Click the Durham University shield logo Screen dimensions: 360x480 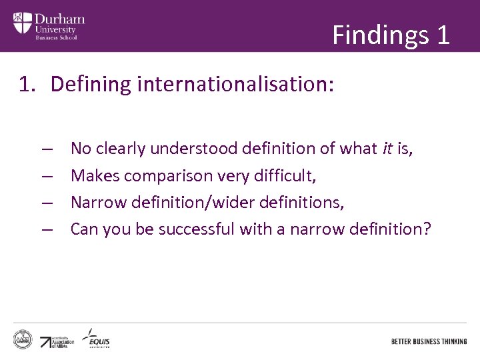[x=22, y=24]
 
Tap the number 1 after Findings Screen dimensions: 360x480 [x=443, y=34]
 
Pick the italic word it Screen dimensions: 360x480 [x=387, y=148]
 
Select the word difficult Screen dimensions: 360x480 [x=283, y=175]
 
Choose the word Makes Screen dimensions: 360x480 [x=93, y=175]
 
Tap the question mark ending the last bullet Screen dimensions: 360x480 [x=427, y=229]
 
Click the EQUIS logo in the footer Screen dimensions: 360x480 [x=97, y=338]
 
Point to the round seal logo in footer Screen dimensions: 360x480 [x=23, y=339]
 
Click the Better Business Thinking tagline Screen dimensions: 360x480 [x=429, y=341]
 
